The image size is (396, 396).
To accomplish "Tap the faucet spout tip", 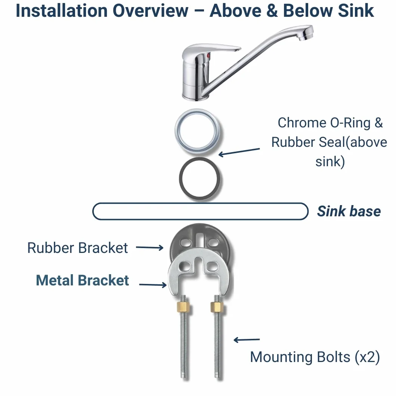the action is point(306,33).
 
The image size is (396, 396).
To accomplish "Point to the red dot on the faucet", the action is point(208,55).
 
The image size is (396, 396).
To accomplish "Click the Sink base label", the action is point(349,211).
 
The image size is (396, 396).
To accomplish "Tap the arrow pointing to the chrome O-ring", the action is point(239,152).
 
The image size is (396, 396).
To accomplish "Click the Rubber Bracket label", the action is point(78,248).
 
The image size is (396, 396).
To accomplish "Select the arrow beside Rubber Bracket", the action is point(150,247).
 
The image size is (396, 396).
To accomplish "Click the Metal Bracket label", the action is point(82,280).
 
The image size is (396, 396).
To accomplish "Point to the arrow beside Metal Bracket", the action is point(153,285).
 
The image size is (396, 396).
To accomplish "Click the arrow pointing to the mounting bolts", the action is point(247,340).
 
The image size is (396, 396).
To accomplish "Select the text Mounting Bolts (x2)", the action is point(315,357).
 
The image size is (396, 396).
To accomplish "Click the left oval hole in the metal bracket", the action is point(185,266).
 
